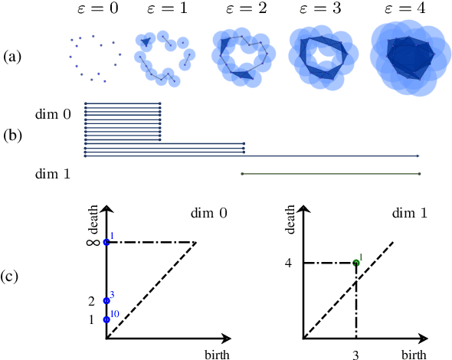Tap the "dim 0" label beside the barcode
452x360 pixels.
pyautogui.click(x=54, y=113)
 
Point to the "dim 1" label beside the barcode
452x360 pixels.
pyautogui.click(x=54, y=175)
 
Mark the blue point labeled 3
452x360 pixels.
pyautogui.click(x=106, y=300)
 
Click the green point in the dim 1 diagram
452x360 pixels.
pyautogui.click(x=356, y=263)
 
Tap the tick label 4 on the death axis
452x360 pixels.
pyautogui.click(x=289, y=263)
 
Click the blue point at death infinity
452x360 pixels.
pyautogui.click(x=106, y=242)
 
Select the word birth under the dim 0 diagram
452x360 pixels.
pyautogui.click(x=217, y=354)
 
